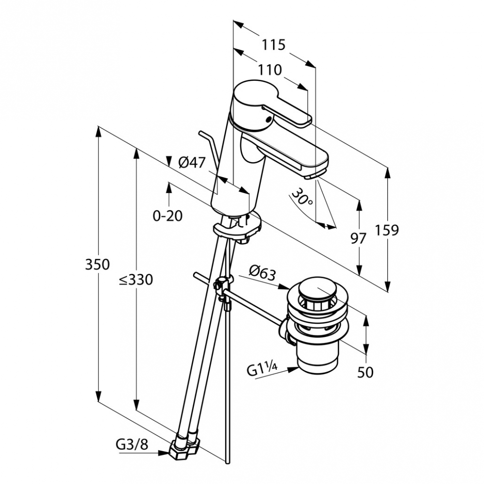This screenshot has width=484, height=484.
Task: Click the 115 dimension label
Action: (x=273, y=45)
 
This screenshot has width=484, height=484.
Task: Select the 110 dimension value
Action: (x=270, y=70)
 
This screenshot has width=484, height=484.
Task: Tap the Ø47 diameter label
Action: (x=192, y=162)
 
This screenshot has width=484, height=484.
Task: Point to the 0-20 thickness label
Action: (x=167, y=216)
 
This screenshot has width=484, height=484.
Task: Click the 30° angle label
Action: (x=302, y=197)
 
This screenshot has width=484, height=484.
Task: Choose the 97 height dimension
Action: (x=358, y=238)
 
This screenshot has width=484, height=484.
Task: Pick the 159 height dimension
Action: (x=387, y=230)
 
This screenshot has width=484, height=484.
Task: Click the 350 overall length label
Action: (x=97, y=265)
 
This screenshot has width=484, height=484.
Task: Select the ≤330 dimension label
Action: (x=136, y=280)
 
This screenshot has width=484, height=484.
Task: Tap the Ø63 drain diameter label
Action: (x=262, y=273)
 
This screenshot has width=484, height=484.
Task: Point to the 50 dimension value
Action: (x=365, y=372)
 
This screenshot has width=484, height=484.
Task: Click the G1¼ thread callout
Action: (x=262, y=369)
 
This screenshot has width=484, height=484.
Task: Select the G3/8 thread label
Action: (x=132, y=445)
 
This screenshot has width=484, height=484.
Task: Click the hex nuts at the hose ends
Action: (x=184, y=448)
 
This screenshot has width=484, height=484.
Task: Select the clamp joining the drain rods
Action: (x=223, y=285)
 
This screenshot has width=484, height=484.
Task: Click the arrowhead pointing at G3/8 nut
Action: (x=164, y=453)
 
